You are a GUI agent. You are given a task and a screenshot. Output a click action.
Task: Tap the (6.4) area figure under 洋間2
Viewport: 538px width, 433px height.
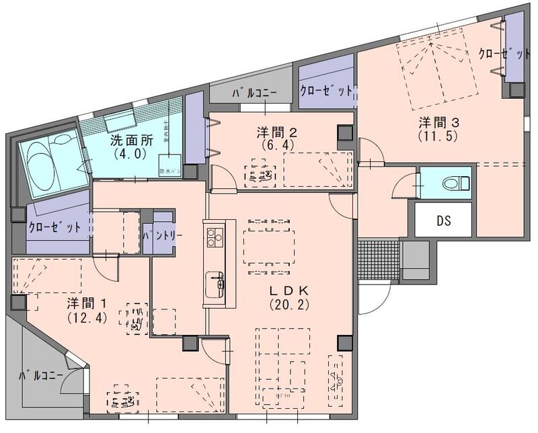276,143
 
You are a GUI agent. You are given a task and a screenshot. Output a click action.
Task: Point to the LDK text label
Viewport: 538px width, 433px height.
289,290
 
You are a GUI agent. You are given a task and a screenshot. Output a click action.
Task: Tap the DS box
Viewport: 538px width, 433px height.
443,220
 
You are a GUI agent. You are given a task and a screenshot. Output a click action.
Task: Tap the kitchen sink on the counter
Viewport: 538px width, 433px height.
215,281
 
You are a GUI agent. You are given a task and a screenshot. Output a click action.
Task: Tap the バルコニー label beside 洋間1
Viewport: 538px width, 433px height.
42,375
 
